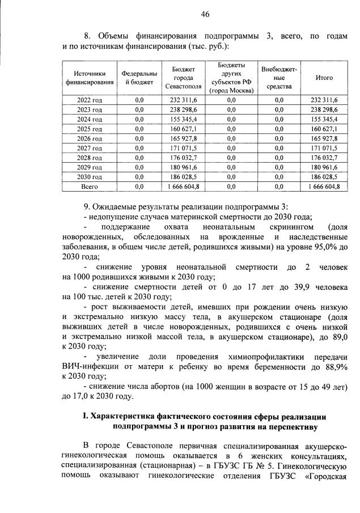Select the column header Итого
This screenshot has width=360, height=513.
(x=324, y=78)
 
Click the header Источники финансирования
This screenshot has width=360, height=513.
(x=90, y=78)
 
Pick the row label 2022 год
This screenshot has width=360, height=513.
(x=90, y=100)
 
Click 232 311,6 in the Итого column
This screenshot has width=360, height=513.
(x=324, y=100)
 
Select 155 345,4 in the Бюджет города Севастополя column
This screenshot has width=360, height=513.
(x=183, y=119)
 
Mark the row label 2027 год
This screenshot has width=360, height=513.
(x=90, y=147)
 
